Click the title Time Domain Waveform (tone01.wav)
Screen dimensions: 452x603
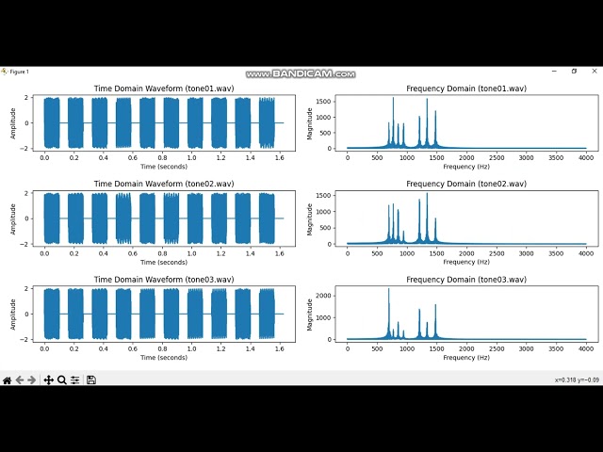(x=164, y=89)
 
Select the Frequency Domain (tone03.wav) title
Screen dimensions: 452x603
(x=465, y=280)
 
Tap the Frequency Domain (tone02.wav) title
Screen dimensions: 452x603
(x=465, y=185)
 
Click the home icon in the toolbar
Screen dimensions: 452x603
(x=7, y=379)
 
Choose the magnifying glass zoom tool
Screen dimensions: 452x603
(x=61, y=379)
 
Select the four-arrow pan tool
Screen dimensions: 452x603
(x=48, y=379)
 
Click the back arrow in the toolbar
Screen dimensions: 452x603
(x=20, y=379)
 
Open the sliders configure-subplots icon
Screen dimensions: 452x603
(x=74, y=379)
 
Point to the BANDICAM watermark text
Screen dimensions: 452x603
(x=301, y=73)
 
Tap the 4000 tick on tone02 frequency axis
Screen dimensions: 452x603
(x=585, y=251)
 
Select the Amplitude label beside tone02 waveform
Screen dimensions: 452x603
(x=13, y=218)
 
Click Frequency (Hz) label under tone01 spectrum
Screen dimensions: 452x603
(x=465, y=166)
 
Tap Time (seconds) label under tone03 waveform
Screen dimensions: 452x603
(x=164, y=357)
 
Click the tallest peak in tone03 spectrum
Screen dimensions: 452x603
(x=388, y=290)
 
